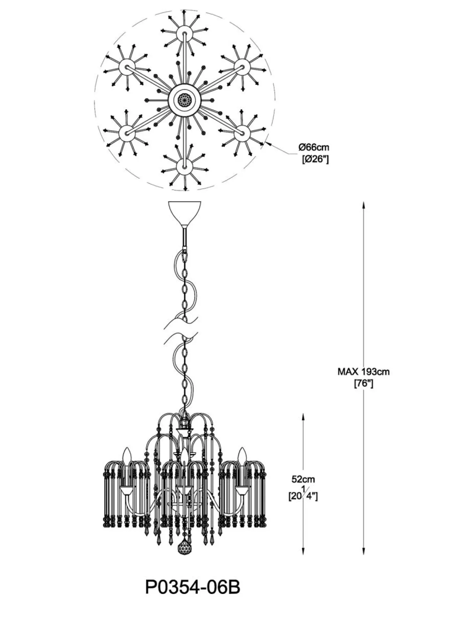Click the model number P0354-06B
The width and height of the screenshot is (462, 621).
(192, 587)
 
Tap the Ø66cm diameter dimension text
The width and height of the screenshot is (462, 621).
(314, 147)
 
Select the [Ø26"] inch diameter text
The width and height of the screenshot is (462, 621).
(315, 159)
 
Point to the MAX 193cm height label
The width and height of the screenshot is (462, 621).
(363, 371)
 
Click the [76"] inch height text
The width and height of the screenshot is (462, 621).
(363, 384)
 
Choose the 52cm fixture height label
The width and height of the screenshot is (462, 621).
(303, 479)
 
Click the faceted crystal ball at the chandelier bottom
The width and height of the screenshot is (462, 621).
(185, 550)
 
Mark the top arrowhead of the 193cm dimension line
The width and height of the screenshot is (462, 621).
(364, 205)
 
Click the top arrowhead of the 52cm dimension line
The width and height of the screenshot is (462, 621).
(303, 416)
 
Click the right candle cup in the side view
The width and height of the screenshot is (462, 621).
(242, 490)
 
